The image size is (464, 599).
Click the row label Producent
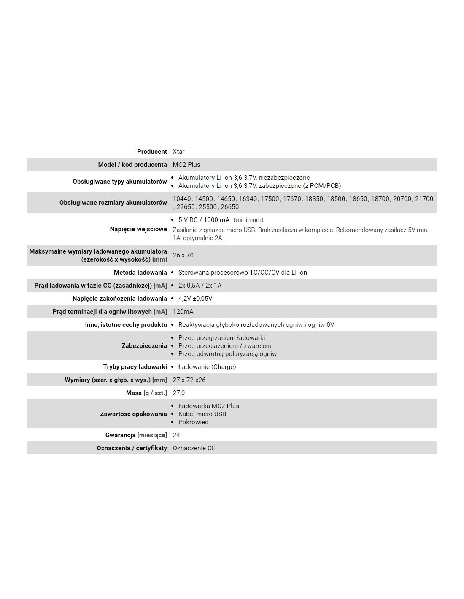[x=152, y=152]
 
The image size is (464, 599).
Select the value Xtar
[x=178, y=152]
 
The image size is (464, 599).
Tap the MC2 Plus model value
[x=186, y=165]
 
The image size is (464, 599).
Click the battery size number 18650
[x=358, y=199]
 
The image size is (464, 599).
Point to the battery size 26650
[x=230, y=207]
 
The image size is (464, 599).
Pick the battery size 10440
[x=182, y=199]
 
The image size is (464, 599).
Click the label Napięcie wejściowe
[x=138, y=229]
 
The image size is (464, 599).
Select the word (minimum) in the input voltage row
[x=248, y=220]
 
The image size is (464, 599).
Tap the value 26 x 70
[x=183, y=255]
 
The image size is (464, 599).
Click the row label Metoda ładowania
[x=140, y=273]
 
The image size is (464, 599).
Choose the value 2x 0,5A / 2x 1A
[x=200, y=286]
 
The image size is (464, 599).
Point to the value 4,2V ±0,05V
[x=195, y=299]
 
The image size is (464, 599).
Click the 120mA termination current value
[x=183, y=312]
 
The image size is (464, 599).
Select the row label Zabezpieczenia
[x=144, y=346]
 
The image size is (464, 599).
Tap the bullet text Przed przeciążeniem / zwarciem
[x=225, y=346]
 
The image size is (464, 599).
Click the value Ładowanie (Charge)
[x=207, y=367]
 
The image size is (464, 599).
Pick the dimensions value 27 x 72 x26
[x=189, y=380]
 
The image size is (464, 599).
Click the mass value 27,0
[x=179, y=393]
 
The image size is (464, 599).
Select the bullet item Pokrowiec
[x=193, y=422]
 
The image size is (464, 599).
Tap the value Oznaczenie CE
[x=194, y=448]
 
